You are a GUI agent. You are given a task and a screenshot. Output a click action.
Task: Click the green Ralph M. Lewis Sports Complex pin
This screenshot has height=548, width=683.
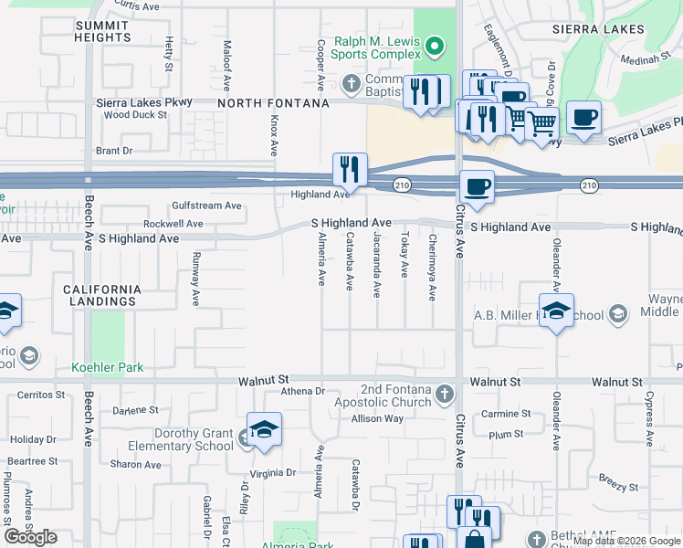pyautogui.click(x=436, y=45)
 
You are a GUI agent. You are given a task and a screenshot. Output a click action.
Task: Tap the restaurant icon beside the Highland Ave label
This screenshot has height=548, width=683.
pyautogui.click(x=350, y=168)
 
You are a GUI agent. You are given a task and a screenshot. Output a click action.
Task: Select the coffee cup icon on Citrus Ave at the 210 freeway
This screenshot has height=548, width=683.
pyautogui.click(x=476, y=187)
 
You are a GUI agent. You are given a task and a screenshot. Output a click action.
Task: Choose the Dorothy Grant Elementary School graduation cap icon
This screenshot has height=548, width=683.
pyautogui.click(x=263, y=430)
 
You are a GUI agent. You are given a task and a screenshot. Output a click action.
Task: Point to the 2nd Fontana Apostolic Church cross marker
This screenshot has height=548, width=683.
pyautogui.click(x=444, y=394)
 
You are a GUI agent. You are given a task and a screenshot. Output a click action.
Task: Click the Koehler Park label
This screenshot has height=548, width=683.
pyautogui.click(x=107, y=368)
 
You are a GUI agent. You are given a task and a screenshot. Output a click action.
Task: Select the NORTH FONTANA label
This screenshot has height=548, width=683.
pyautogui.click(x=274, y=103)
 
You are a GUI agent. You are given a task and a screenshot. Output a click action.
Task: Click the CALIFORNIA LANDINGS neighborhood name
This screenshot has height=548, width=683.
pyautogui.click(x=102, y=295)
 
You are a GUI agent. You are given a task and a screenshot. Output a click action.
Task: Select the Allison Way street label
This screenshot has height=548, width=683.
pyautogui.click(x=377, y=418)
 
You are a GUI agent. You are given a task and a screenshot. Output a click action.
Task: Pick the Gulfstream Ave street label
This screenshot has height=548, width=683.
pyautogui.click(x=206, y=205)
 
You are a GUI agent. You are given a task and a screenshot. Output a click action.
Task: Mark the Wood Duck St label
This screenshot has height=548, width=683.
pyautogui.click(x=135, y=115)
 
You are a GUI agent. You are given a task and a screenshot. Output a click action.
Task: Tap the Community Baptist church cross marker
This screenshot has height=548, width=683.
pyautogui.click(x=352, y=85)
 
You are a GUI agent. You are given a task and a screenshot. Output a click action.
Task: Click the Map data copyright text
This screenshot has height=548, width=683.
pyautogui.click(x=627, y=541)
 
